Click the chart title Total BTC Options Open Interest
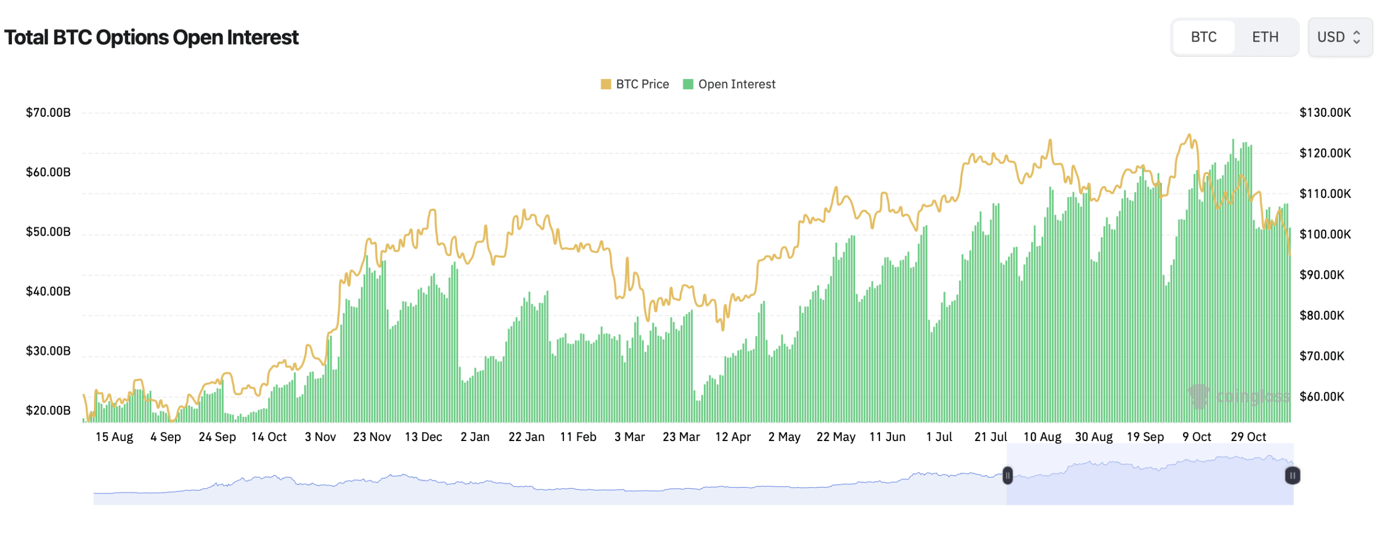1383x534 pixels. click(151, 38)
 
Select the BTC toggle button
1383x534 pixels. click(1203, 37)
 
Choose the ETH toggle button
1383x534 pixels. click(1265, 37)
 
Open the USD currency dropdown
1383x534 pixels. click(1339, 37)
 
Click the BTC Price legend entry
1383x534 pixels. click(635, 84)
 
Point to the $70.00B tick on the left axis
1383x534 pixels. click(48, 112)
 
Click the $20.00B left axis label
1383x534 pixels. click(48, 410)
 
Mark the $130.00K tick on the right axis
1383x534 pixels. click(1325, 112)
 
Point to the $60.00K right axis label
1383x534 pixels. click(1321, 397)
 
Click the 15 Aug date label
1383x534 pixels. click(114, 437)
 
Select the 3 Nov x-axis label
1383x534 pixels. click(320, 437)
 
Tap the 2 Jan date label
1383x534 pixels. click(475, 437)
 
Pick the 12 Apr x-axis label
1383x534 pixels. click(733, 437)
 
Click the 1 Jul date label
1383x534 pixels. click(939, 437)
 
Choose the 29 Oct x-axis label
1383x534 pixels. click(1248, 437)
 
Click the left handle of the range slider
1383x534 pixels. click(1008, 476)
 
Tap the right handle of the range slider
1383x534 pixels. click(1292, 476)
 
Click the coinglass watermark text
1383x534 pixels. click(1252, 397)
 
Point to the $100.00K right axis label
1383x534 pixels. click(1325, 234)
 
